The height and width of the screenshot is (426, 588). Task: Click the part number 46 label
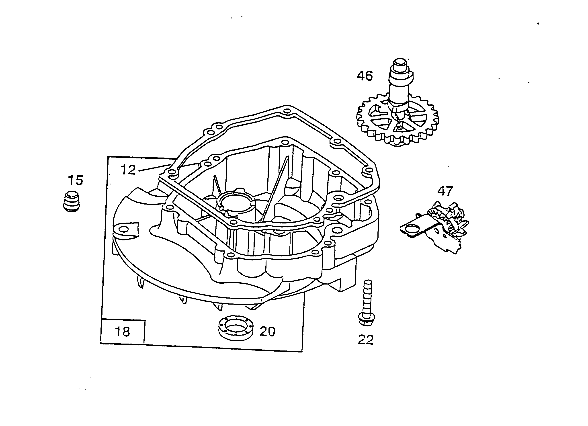click(x=365, y=76)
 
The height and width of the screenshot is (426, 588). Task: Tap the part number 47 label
click(x=445, y=191)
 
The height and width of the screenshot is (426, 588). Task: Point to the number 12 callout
click(x=128, y=170)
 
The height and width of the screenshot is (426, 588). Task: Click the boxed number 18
click(x=122, y=332)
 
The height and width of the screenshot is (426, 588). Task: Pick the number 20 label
click(x=267, y=331)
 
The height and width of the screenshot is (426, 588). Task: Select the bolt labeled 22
click(x=367, y=302)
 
